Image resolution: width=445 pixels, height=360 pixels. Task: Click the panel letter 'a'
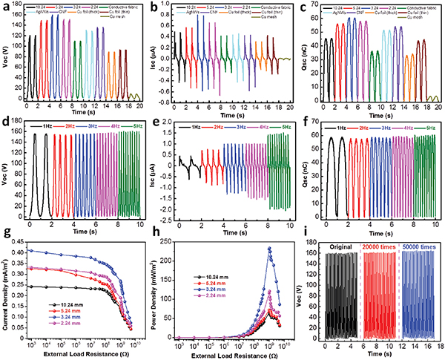point(6,7)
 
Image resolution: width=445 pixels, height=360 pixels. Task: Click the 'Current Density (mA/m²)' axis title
point(7,293)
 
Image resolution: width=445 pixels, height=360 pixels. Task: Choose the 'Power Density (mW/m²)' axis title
point(158,293)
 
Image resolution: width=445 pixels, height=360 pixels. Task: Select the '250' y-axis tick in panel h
point(172,243)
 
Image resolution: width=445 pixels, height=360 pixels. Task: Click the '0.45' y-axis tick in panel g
point(22,243)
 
